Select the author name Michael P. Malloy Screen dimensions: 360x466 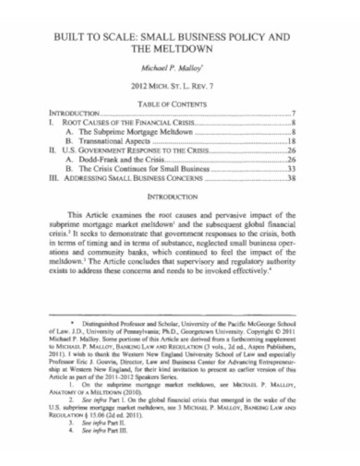[x=180, y=68]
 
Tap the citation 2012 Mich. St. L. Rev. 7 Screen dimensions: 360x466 [x=180, y=87]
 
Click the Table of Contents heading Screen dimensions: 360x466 [x=180, y=102]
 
